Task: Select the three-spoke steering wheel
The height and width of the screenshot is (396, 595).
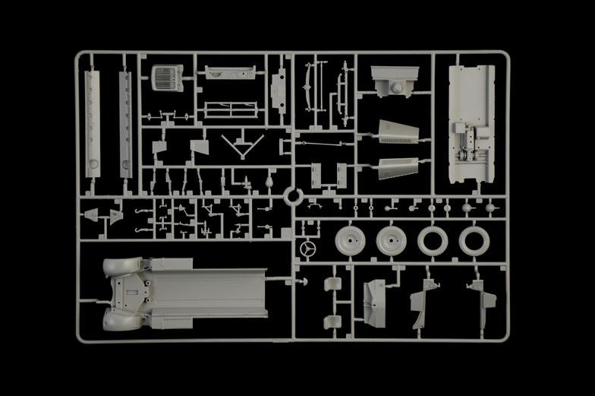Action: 307,249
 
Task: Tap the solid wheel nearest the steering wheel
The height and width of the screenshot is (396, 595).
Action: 350,241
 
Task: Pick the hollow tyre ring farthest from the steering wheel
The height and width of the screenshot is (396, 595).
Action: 474,241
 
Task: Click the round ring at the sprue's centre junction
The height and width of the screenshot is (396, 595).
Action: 293,197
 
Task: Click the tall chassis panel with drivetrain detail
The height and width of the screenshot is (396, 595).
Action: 471,122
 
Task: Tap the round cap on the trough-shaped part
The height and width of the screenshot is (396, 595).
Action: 395,89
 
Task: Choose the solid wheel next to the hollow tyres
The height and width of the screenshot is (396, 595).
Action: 392,241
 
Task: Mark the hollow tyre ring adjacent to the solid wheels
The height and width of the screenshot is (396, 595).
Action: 433,241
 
